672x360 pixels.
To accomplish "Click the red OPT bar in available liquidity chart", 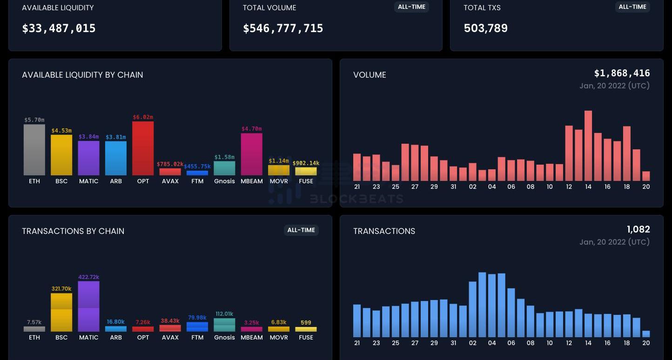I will coord(143,148).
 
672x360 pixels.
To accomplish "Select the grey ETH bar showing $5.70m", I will coord(34,149).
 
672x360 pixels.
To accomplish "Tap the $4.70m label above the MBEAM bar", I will coord(251,129).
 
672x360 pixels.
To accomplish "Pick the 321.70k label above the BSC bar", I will coord(61,289).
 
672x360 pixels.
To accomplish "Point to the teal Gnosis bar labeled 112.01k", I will coord(224,325).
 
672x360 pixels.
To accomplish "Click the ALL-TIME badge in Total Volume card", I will coord(411,7).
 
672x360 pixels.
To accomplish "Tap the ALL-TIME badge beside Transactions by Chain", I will coord(301,230).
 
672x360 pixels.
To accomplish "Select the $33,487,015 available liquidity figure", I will coord(59,28).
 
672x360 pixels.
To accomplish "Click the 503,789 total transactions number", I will coord(485,28).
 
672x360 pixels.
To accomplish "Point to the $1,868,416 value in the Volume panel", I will coord(622,73).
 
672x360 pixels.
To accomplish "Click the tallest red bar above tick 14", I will coord(588,145).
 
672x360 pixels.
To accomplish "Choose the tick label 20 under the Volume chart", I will coord(646,187).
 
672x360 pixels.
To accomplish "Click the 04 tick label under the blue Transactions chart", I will coord(492,343).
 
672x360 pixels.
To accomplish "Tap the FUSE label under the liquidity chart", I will coord(306,181).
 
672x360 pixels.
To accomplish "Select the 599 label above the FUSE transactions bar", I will coord(306,322).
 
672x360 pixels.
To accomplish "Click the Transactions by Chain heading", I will coord(73,231).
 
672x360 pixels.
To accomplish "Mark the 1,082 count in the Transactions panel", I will coord(638,229).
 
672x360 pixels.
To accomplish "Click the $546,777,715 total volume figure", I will coord(283,28).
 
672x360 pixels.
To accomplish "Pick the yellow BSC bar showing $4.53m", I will coord(61,155).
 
